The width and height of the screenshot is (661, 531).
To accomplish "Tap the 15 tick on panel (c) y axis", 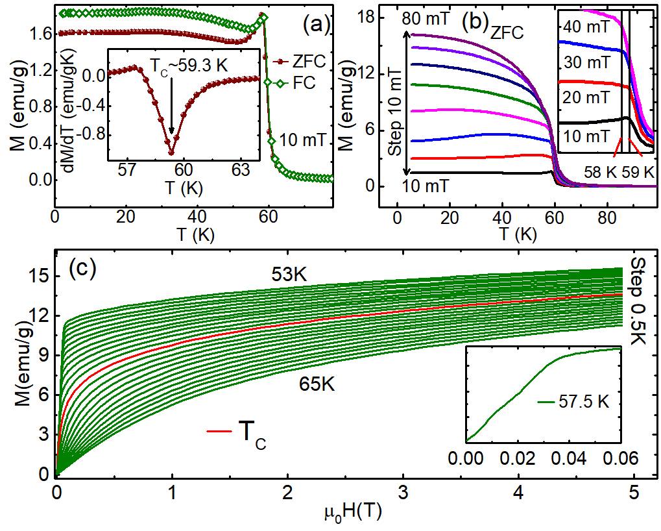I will point(38,275).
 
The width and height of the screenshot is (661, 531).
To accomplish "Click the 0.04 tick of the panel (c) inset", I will point(569,458).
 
